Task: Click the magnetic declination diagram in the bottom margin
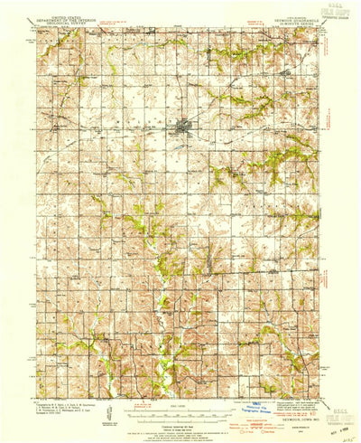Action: pos(109,411)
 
